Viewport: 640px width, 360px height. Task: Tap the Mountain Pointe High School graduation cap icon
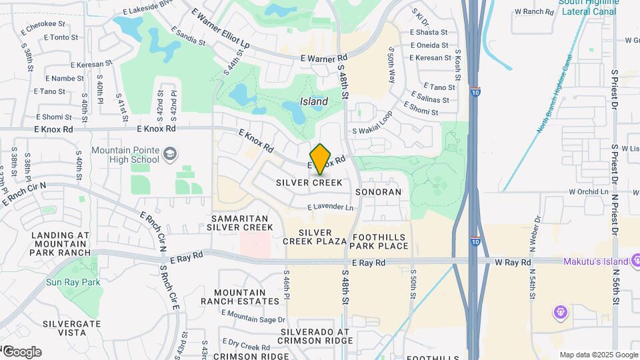click(x=170, y=155)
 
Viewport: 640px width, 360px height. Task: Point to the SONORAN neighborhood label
click(x=378, y=192)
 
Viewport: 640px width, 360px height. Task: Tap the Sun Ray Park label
click(x=73, y=282)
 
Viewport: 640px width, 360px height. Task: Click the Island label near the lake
click(x=314, y=102)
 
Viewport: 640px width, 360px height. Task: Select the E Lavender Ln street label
click(x=331, y=208)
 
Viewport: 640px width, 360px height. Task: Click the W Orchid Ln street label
click(x=590, y=191)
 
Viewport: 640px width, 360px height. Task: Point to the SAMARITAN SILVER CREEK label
click(x=240, y=223)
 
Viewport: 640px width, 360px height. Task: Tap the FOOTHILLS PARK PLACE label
click(x=379, y=241)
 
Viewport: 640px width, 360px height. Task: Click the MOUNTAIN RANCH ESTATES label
click(x=240, y=297)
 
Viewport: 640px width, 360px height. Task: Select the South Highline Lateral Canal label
click(x=589, y=7)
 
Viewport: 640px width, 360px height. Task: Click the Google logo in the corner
click(x=21, y=352)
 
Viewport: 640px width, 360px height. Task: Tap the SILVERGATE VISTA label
click(x=71, y=327)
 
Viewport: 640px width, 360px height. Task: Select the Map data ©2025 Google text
click(x=598, y=355)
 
